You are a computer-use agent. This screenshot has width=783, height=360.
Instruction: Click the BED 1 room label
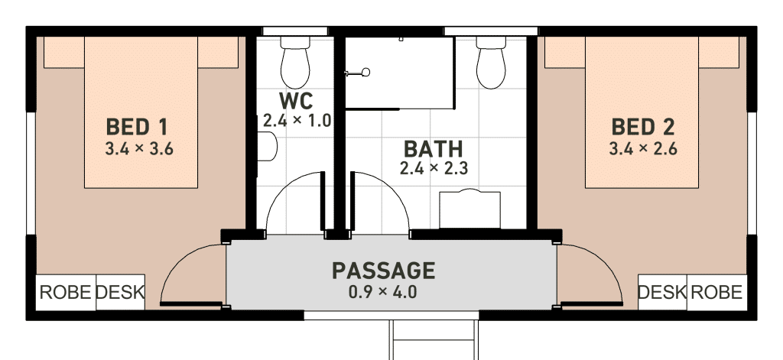click(137, 127)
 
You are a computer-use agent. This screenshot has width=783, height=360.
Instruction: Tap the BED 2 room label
click(643, 127)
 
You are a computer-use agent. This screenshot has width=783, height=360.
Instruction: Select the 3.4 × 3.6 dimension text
click(139, 149)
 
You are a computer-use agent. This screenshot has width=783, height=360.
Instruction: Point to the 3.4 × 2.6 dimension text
click(643, 149)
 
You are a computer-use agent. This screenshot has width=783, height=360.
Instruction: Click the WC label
click(296, 101)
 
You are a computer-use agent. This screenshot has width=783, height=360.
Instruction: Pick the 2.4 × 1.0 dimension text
click(297, 120)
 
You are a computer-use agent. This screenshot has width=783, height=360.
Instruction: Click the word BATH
click(433, 149)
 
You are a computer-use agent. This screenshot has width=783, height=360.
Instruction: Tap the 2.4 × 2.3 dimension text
click(434, 168)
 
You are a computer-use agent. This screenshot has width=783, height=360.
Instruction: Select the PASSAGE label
click(384, 271)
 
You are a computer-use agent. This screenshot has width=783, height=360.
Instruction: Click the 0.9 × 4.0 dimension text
click(383, 292)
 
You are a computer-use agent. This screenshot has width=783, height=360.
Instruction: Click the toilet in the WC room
click(295, 63)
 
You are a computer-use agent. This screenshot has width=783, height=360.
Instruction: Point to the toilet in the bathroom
click(491, 63)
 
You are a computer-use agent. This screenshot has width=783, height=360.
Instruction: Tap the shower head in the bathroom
click(366, 73)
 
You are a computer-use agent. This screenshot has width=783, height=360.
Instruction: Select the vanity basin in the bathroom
click(470, 209)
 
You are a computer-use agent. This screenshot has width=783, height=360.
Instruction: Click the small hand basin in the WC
click(267, 146)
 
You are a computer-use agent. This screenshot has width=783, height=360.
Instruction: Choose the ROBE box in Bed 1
click(66, 293)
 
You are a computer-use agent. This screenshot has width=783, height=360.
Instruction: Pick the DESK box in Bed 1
click(120, 293)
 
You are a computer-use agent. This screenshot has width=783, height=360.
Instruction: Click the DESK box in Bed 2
click(663, 293)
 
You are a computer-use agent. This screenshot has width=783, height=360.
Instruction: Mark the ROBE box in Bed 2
click(717, 293)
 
